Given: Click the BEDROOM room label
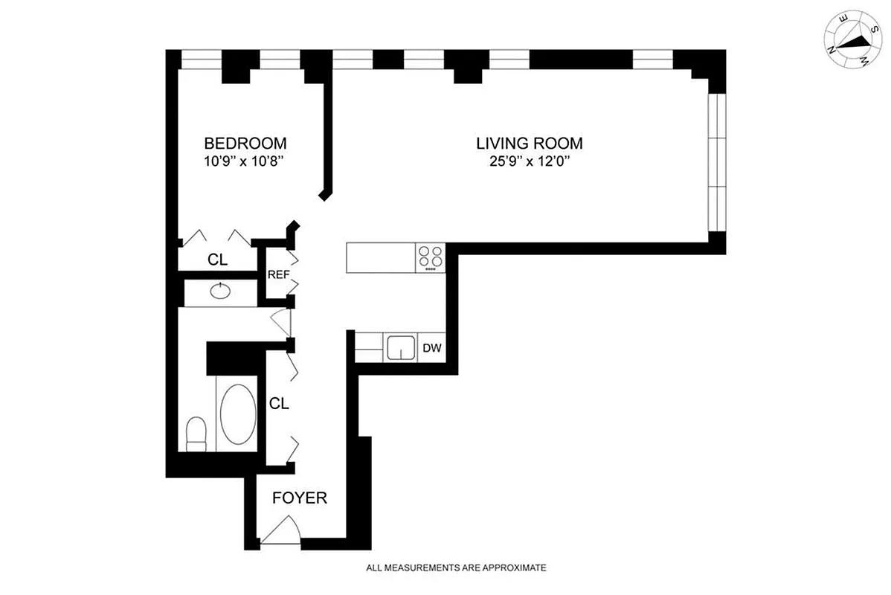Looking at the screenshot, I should click(245, 143).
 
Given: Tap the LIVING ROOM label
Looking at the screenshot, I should click(529, 143).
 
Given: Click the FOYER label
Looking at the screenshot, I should click(299, 498).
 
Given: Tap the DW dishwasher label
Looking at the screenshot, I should click(431, 347).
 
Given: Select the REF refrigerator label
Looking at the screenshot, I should click(278, 274).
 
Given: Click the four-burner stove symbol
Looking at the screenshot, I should click(430, 257).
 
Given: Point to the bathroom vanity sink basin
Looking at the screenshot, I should click(220, 291).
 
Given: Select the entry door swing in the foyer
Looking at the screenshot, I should click(281, 532).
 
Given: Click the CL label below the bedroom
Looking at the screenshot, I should click(217, 260).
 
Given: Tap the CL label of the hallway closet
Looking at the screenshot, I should click(279, 404).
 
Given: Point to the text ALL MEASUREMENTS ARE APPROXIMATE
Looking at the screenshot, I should click(456, 567).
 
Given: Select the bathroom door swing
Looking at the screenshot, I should click(281, 321).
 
